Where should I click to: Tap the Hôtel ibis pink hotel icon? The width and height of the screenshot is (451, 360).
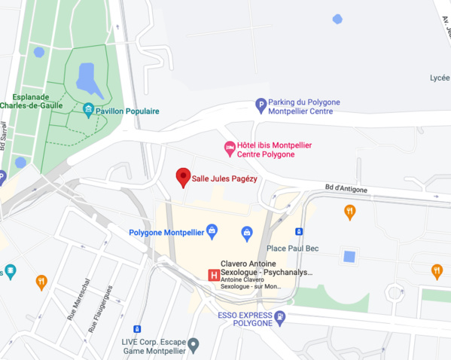click(x=230, y=149)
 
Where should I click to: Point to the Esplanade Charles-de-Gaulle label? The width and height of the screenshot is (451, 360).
click(x=33, y=102)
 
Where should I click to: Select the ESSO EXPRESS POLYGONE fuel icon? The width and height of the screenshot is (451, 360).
click(x=280, y=317)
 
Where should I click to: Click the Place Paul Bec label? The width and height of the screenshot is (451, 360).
click(x=297, y=249)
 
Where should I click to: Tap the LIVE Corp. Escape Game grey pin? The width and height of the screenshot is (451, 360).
click(x=194, y=346)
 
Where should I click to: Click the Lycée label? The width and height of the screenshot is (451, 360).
click(x=439, y=78)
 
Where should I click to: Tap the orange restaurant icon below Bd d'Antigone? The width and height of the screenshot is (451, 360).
click(x=349, y=212)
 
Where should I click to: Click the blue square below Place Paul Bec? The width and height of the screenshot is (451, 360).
click(x=349, y=256)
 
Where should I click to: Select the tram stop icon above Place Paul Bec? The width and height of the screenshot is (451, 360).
click(x=299, y=231)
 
